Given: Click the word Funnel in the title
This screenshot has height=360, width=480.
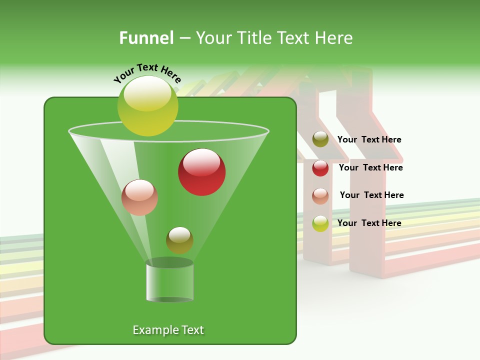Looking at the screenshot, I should [146, 38].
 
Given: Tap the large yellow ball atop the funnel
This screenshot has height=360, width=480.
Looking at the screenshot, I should [147, 105].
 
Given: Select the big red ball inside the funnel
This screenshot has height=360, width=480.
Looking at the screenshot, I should [201, 172].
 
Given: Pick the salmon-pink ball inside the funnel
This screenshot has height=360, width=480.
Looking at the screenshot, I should [139, 197].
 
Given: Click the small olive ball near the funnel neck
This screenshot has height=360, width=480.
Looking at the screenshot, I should [179, 240].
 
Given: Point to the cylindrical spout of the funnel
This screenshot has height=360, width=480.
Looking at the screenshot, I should [169, 281].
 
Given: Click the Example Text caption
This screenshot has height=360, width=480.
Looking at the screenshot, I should [168, 330].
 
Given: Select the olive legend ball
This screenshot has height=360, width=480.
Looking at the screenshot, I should [320, 139].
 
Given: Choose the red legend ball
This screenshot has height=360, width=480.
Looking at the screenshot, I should [320, 168].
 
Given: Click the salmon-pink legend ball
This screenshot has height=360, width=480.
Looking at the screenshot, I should [320, 195].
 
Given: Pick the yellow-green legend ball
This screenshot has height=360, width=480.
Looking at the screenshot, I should [320, 223].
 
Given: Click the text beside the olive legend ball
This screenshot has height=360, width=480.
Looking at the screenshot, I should [369, 140].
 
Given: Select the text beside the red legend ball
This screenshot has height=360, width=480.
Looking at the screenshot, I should [370, 168].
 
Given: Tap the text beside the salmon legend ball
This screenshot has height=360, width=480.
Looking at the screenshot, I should [371, 195].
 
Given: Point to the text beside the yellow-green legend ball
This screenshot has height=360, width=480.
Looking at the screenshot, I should [369, 223].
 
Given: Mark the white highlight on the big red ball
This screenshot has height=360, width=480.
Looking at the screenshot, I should [201, 161].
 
